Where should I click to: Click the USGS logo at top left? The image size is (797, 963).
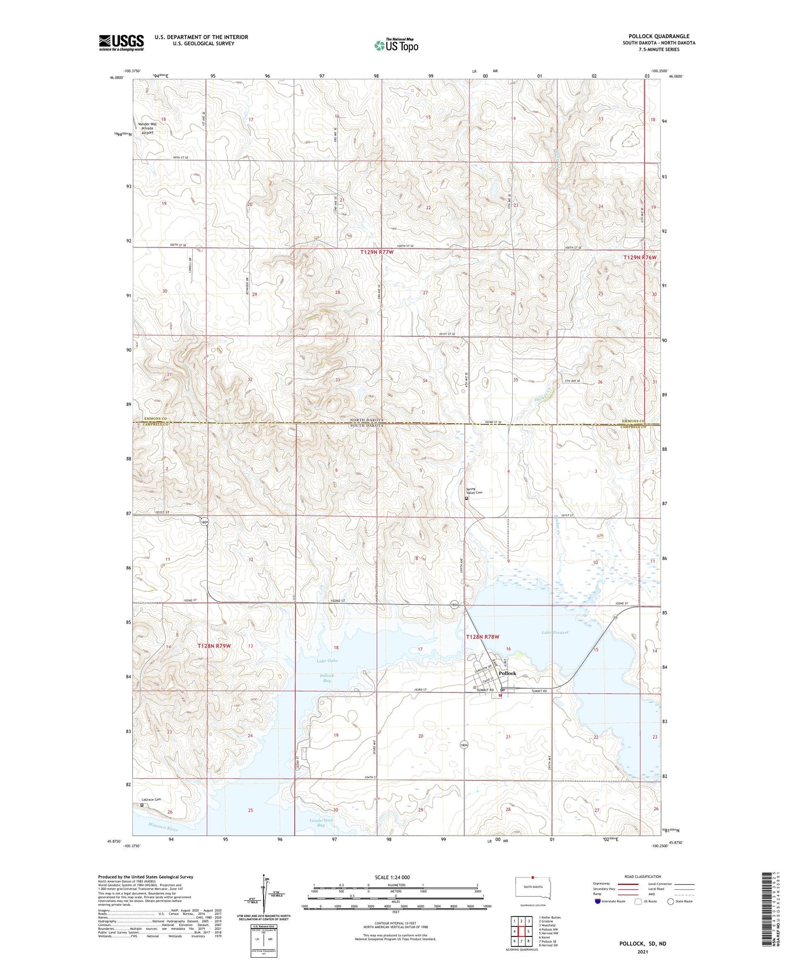click(x=121, y=42)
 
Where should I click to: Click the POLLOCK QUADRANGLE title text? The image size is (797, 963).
click(x=659, y=36)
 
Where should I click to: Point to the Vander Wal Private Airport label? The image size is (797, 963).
click(x=147, y=128)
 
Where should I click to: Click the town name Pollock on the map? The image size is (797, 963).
click(x=507, y=673)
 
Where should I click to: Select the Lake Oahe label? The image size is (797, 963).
click(x=327, y=661)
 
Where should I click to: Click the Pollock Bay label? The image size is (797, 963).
click(x=327, y=678)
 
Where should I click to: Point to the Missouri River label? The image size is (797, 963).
click(x=163, y=827)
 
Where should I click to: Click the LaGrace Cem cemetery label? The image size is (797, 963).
click(x=150, y=799)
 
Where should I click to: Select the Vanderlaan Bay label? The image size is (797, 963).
click(x=321, y=822)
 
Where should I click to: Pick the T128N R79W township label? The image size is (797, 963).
click(x=214, y=645)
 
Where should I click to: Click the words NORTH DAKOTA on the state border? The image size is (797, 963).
click(x=367, y=420)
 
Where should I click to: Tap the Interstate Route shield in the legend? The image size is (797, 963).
click(x=598, y=901)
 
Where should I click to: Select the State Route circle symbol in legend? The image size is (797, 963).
click(x=671, y=901)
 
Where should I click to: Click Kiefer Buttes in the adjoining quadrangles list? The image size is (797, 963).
click(x=549, y=917)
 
